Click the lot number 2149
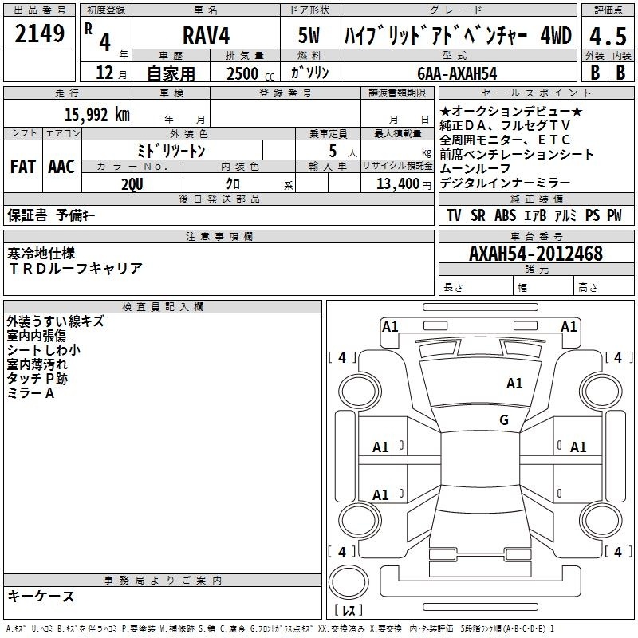click(39, 33)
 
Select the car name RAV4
click(206, 35)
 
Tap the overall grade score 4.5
click(608, 36)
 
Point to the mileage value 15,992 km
click(96, 115)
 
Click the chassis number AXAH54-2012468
click(536, 254)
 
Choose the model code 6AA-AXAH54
click(457, 73)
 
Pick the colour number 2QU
click(132, 184)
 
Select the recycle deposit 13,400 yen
click(404, 184)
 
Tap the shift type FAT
click(23, 167)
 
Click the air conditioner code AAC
click(61, 167)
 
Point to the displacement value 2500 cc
click(250, 73)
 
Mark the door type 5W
click(309, 35)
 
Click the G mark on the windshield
click(504, 419)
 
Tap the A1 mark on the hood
click(514, 383)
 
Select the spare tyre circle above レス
click(349, 582)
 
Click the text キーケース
click(41, 596)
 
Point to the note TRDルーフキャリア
click(75, 268)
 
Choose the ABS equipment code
click(505, 215)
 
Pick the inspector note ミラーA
click(30, 393)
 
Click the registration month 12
click(104, 73)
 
